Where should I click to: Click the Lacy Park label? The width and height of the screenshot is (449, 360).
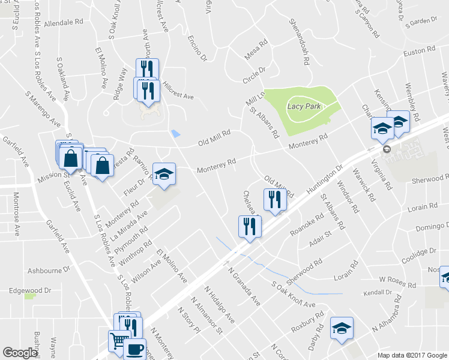coord(304,106)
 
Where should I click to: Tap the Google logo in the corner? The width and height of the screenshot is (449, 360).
coord(20,353)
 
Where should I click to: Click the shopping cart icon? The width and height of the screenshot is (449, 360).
coord(118,341)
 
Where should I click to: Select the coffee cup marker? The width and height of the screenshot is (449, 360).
coord(134,349)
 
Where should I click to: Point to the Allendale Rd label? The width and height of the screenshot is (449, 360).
coord(62,22)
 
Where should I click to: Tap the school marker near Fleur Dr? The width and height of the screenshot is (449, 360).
coord(164,174)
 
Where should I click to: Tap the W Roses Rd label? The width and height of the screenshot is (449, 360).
coord(397,280)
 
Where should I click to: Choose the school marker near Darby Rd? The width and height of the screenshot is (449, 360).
coord(342,328)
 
